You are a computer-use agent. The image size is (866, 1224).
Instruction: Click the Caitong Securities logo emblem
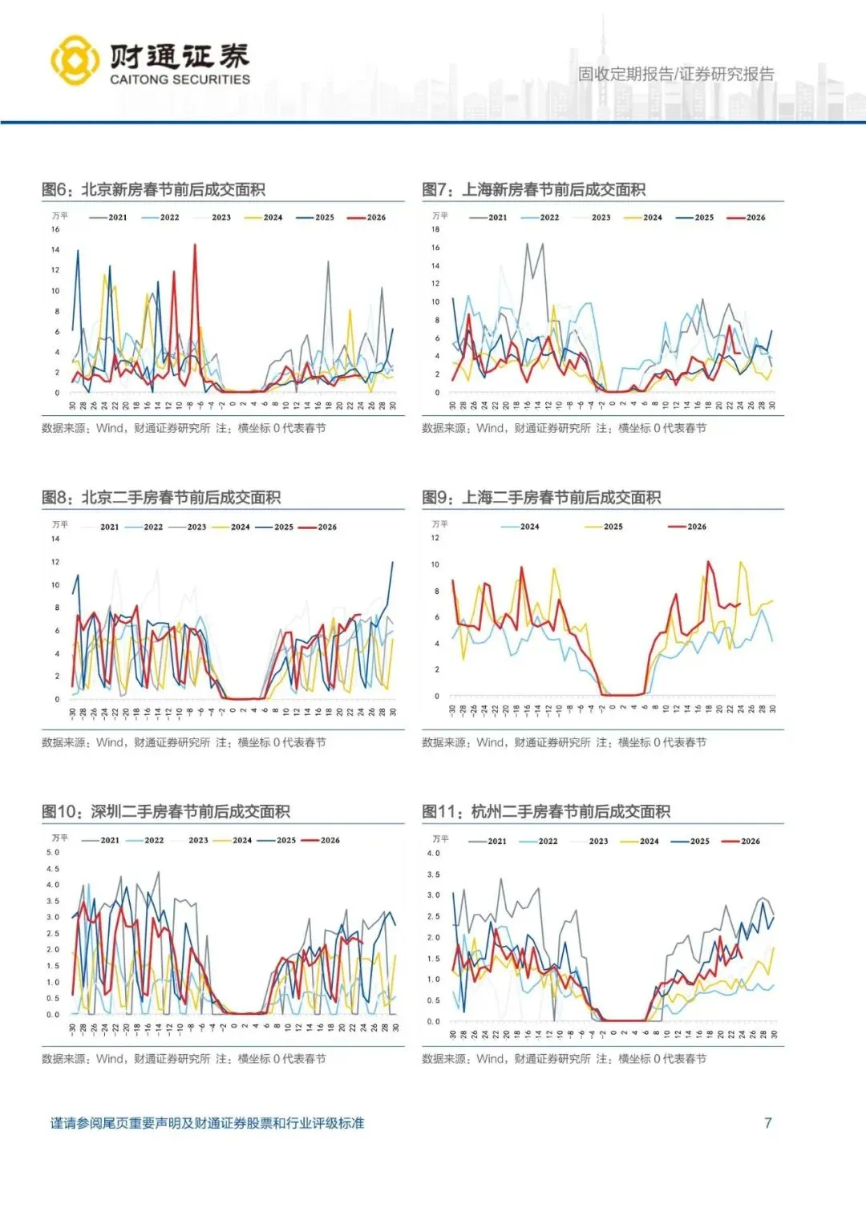click(75, 60)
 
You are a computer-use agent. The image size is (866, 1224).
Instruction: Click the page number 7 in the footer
click(767, 1122)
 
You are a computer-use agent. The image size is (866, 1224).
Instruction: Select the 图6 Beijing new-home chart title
click(153, 190)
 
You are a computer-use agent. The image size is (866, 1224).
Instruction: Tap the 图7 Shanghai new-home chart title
click(534, 190)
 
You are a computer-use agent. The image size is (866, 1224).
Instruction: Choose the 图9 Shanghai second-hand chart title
click(541, 498)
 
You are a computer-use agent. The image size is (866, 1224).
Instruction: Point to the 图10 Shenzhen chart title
click(166, 811)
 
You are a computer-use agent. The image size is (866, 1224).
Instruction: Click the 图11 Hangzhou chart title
click(546, 811)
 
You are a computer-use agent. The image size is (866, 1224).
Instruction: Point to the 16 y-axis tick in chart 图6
click(56, 229)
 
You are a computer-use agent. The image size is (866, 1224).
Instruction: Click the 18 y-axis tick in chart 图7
click(435, 229)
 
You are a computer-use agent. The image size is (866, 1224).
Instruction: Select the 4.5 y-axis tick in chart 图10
click(53, 869)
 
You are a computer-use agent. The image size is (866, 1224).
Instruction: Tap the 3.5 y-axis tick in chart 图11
click(434, 875)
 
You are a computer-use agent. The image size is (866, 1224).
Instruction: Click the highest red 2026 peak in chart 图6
click(195, 245)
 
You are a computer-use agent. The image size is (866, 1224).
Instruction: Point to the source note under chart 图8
click(184, 742)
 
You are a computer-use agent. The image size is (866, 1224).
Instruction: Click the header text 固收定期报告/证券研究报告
click(676, 75)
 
